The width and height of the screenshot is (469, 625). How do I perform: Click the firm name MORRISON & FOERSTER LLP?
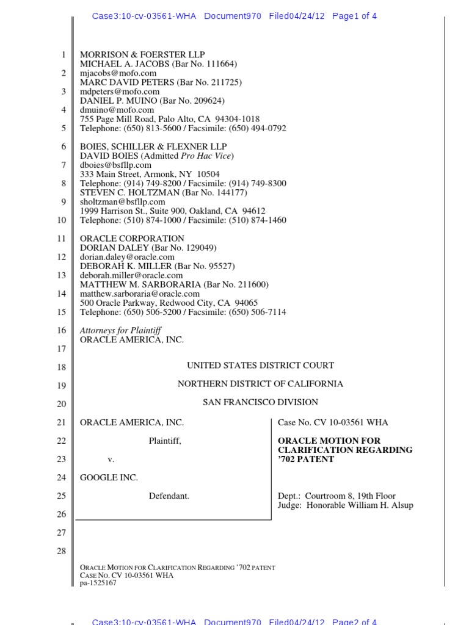coord(142,55)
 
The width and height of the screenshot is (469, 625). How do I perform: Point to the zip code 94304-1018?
coord(235,119)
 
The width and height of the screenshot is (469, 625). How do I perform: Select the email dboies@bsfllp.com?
coord(115,165)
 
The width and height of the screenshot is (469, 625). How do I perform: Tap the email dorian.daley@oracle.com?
coord(127,257)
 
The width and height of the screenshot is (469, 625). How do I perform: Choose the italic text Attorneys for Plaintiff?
coord(120,330)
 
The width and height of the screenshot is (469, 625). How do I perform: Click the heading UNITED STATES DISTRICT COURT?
coord(260,366)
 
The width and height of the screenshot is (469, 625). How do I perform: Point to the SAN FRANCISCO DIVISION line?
coord(260,402)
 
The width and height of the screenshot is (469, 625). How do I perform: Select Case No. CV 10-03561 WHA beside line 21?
coord(333,422)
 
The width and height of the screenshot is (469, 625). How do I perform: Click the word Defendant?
coord(169,496)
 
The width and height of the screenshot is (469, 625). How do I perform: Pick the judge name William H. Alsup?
coord(379,505)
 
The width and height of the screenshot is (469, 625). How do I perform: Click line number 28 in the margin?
coord(61,551)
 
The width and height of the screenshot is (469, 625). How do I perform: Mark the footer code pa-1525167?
coord(98,583)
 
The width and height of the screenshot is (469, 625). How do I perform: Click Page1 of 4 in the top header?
coord(354,16)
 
